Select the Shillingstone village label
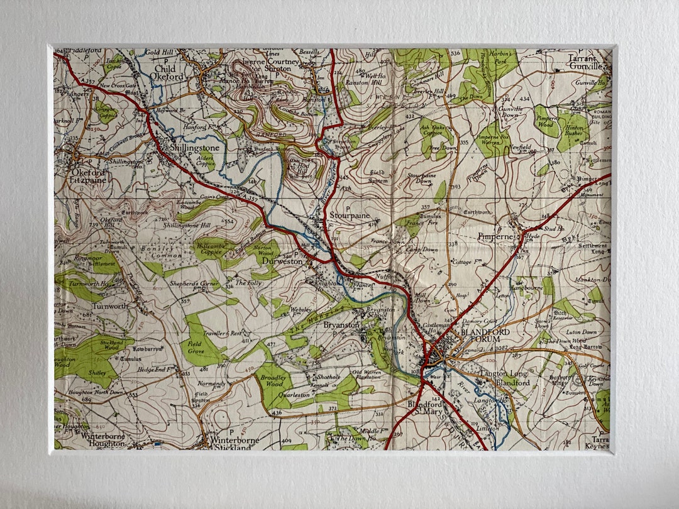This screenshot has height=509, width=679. coord(195,148)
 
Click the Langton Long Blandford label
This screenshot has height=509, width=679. coord(504,378)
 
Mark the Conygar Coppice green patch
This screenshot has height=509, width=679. coord(106,112)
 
